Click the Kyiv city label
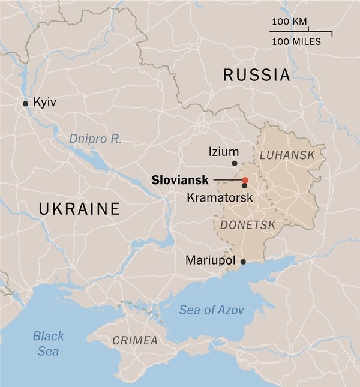(x=44, y=103)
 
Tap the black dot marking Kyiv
(x=25, y=104)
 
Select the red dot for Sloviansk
(x=245, y=180)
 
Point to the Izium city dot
(x=235, y=163)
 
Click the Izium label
(x=223, y=152)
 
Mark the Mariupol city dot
(x=243, y=261)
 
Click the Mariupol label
(x=212, y=261)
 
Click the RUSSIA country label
(x=256, y=76)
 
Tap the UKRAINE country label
(x=79, y=209)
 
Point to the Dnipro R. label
(x=95, y=139)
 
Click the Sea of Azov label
(x=206, y=310)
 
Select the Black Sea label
(x=48, y=343)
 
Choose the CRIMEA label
(x=135, y=341)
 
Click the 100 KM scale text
(x=289, y=22)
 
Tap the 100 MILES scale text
(x=296, y=42)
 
